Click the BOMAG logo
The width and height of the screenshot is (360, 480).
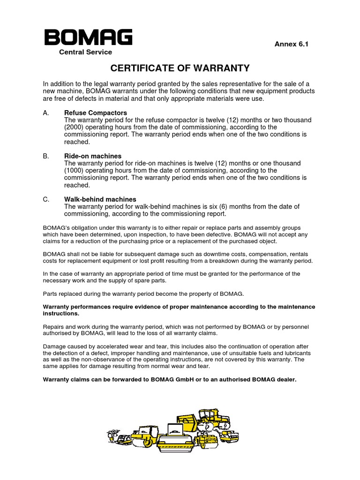pos(88,37)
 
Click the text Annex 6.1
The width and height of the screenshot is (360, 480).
pos(291,44)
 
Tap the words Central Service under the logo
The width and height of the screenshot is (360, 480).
pos(85,52)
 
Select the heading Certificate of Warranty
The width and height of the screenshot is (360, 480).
pos(180,68)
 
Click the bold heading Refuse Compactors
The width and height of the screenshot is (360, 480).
pos(95,113)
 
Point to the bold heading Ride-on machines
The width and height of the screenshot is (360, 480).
pos(92,156)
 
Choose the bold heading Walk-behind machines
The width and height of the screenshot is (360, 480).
pos(100,199)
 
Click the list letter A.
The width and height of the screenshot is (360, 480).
pos(45,113)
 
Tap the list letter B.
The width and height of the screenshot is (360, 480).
pos(45,156)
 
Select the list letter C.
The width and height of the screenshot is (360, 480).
pos(46,199)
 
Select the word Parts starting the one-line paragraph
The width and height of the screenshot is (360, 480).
pos(51,293)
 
